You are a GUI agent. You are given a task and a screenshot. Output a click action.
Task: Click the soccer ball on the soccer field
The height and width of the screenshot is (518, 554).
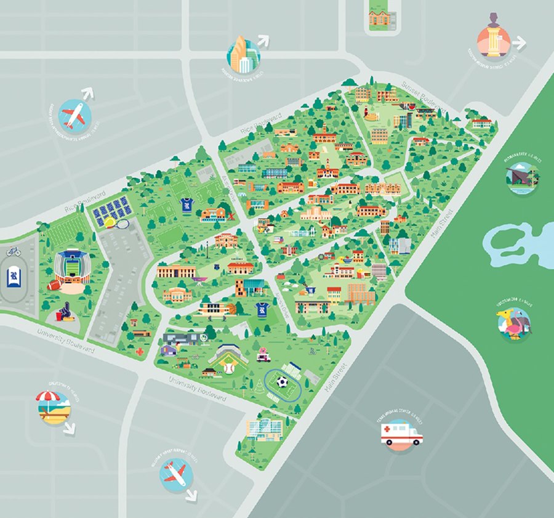[281, 382]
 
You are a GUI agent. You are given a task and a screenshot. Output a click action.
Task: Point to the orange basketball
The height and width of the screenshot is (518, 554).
[230, 306]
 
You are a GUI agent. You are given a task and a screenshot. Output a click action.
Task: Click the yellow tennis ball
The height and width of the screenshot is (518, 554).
[109, 222]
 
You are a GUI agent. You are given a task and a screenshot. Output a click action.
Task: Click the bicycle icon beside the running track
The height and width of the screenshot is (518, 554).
[14, 251]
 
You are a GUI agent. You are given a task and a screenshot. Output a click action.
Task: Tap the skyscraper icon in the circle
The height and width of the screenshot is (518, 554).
[243, 55]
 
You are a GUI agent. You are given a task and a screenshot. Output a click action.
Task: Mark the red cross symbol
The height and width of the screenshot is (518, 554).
[140, 352]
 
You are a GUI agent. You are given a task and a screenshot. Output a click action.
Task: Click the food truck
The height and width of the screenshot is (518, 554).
[263, 353]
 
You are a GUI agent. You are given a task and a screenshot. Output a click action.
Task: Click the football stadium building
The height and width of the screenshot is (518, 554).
[73, 267]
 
